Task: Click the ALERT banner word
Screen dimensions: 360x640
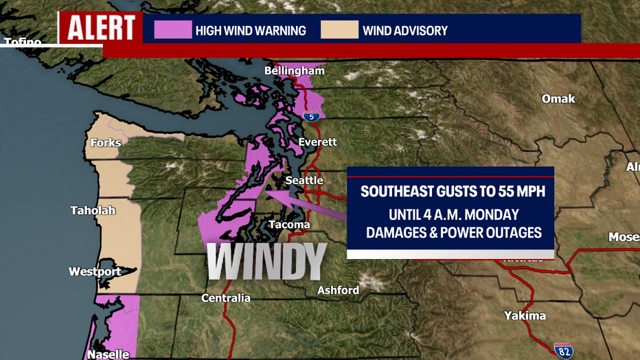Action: pos(100,28)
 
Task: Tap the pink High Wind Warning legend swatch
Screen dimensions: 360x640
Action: pos(172,30)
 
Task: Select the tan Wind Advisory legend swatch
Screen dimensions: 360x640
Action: pos(339,30)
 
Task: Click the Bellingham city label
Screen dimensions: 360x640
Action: pos(295,71)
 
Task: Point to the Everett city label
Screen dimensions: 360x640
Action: pos(318,142)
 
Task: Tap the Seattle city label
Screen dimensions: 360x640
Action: pos(304,180)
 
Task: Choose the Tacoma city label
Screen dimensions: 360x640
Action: pos(289,225)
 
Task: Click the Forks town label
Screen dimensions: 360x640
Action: pos(106,143)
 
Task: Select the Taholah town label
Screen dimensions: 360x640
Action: pos(93,210)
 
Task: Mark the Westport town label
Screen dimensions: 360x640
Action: pos(95,271)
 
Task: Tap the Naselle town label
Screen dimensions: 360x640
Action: pos(107,355)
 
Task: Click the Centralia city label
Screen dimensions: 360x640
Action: pos(226,297)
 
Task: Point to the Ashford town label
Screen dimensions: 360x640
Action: pos(338,290)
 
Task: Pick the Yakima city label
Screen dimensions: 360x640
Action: pos(525,315)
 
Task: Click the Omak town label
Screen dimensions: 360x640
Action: pos(558,99)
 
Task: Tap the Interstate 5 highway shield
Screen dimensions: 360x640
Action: pos(312,116)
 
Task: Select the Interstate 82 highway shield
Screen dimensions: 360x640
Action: pos(564,350)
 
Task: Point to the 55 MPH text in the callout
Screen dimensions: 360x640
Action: pos(515,192)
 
